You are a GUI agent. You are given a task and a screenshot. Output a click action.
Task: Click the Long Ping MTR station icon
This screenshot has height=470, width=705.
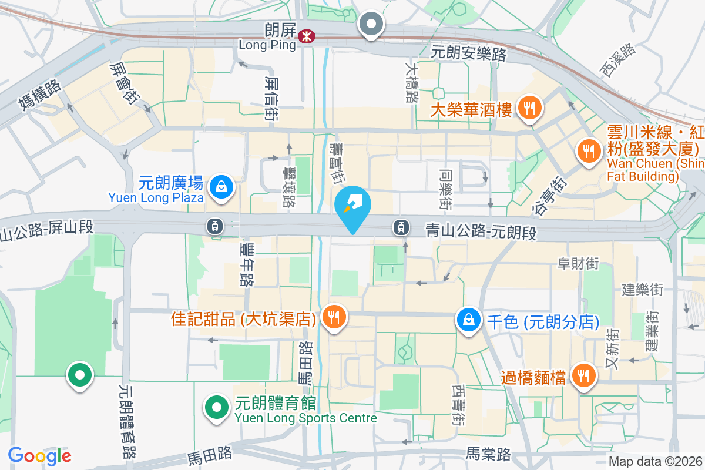[305, 36]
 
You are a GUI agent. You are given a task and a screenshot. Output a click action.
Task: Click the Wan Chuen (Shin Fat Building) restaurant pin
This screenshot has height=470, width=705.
[588, 150]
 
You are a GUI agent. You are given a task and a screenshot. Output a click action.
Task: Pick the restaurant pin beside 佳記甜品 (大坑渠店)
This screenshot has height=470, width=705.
[334, 318]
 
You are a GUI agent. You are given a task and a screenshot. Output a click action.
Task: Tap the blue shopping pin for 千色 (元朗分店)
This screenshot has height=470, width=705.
[469, 321]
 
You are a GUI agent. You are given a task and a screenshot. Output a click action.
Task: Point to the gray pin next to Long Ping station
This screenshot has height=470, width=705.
[371, 25]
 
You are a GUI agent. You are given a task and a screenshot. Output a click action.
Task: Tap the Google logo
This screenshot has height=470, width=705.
[40, 456]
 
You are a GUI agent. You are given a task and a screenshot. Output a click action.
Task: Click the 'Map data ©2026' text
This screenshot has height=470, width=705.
[654, 462]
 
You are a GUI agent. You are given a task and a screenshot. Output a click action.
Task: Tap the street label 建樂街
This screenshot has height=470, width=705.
[642, 290]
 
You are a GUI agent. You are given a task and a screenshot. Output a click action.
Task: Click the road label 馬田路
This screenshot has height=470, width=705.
[210, 454]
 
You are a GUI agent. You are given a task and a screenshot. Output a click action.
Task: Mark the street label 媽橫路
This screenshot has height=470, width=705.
[40, 95]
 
